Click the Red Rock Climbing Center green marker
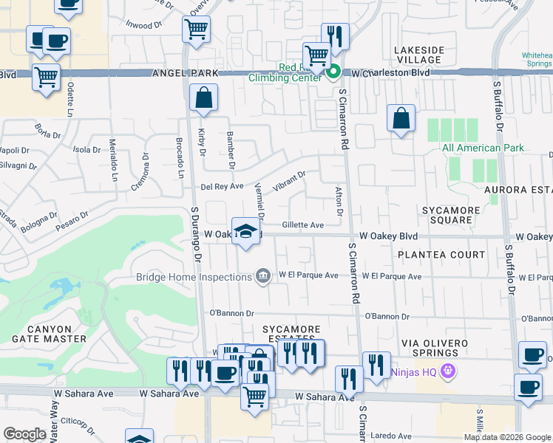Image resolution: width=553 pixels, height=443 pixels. tap(333, 72)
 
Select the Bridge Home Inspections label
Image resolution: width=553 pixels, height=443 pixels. tap(194, 277)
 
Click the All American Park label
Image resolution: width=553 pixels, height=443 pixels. tap(483, 148)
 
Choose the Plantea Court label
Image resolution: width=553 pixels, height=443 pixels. tap(441, 255)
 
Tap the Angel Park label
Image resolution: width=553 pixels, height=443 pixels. tap(186, 73)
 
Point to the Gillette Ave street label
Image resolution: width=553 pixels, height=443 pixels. tap(302, 224)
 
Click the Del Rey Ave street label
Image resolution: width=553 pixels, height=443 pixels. tap(222, 187)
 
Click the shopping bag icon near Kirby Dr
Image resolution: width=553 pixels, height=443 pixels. tap(203, 98)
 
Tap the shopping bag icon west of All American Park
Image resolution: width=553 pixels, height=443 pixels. tap(401, 118)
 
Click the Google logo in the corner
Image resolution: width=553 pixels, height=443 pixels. tap(24, 435)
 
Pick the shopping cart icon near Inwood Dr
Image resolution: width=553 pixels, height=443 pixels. tap(196, 30)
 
